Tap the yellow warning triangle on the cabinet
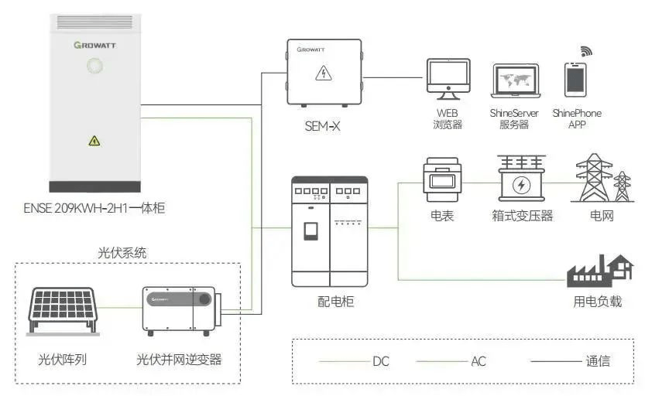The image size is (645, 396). pyautogui.click(x=94, y=141)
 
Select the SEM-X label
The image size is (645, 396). pyautogui.click(x=322, y=124)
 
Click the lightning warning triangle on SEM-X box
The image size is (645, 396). pyautogui.click(x=322, y=73)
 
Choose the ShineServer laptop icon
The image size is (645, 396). pyautogui.click(x=514, y=80)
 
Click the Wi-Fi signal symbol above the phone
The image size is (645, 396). pyautogui.click(x=586, y=51)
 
